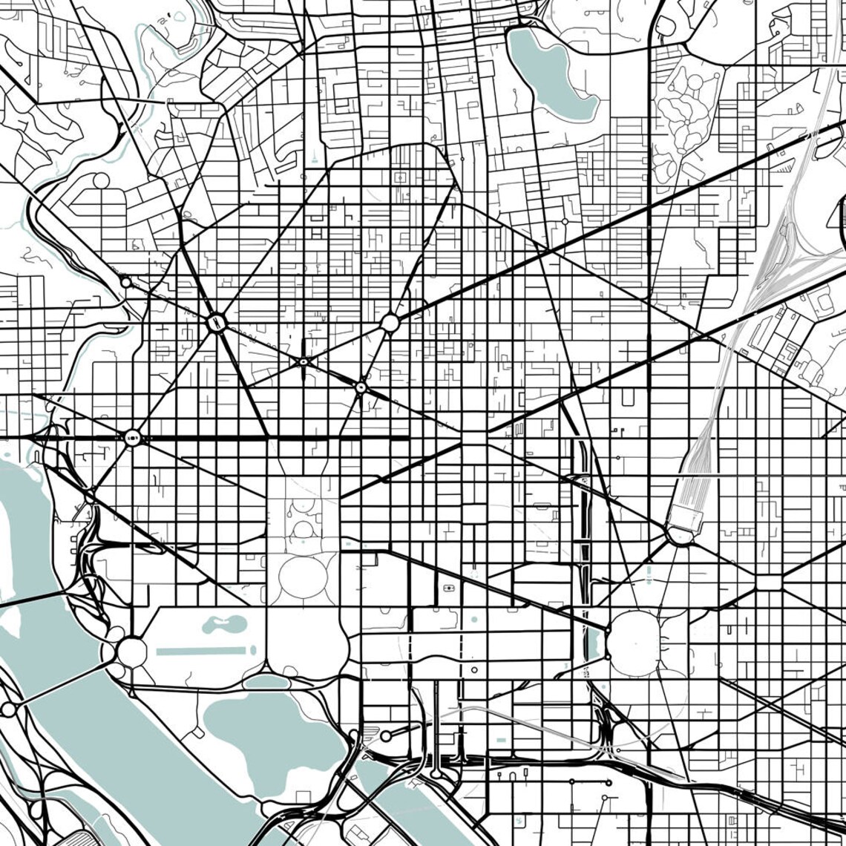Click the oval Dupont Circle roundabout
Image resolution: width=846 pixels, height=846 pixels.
coord(216,323)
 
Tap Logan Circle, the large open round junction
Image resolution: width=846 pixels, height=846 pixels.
coord(390,323)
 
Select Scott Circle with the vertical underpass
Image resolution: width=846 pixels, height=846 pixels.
coord(303,361)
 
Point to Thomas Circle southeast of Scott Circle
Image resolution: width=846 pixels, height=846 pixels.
coord(361,387)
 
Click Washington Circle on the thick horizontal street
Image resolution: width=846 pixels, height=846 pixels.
coord(133,438)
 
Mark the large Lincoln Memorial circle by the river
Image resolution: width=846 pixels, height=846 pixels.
coord(132,652)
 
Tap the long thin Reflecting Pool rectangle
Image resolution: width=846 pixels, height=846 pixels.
coord(200,651)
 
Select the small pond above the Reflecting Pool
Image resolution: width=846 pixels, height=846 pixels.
coord(225,624)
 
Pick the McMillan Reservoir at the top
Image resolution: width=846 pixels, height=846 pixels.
coord(549,74)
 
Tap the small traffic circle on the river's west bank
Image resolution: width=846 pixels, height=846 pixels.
coord(8,709)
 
